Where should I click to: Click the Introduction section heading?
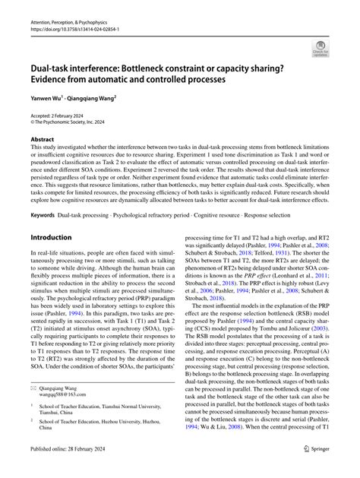pyautogui.click(x=51, y=237)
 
